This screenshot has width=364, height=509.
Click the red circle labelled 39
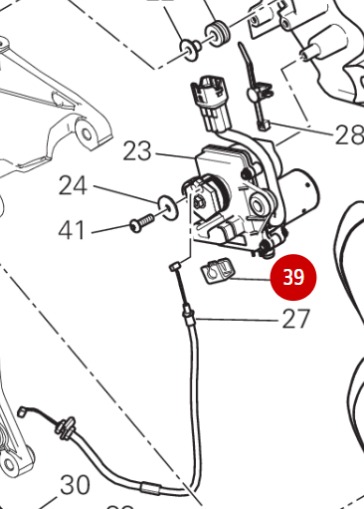point(293,277)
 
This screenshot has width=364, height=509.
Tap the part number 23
point(137,151)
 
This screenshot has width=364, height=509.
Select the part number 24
point(74,185)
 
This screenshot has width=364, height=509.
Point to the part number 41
point(71,230)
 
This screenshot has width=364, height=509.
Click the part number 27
point(296,319)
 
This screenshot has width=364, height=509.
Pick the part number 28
point(348,133)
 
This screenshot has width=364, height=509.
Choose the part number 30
point(76,485)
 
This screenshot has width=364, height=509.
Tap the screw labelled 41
point(141,224)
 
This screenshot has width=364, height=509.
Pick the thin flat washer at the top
point(187,47)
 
